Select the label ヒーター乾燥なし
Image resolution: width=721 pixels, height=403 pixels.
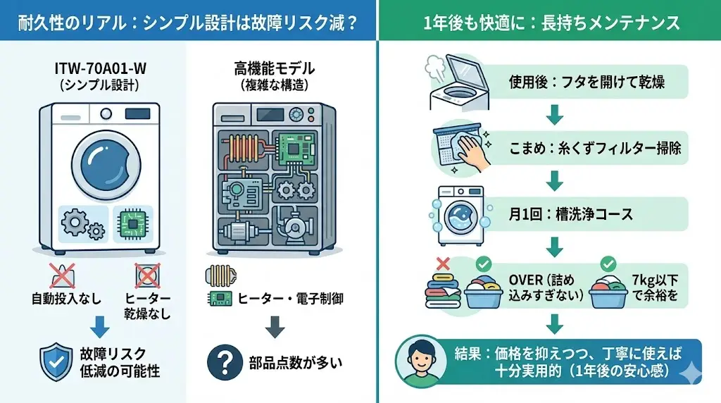[x=148, y=306]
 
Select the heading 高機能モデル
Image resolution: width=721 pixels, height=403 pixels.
[x=274, y=70]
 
